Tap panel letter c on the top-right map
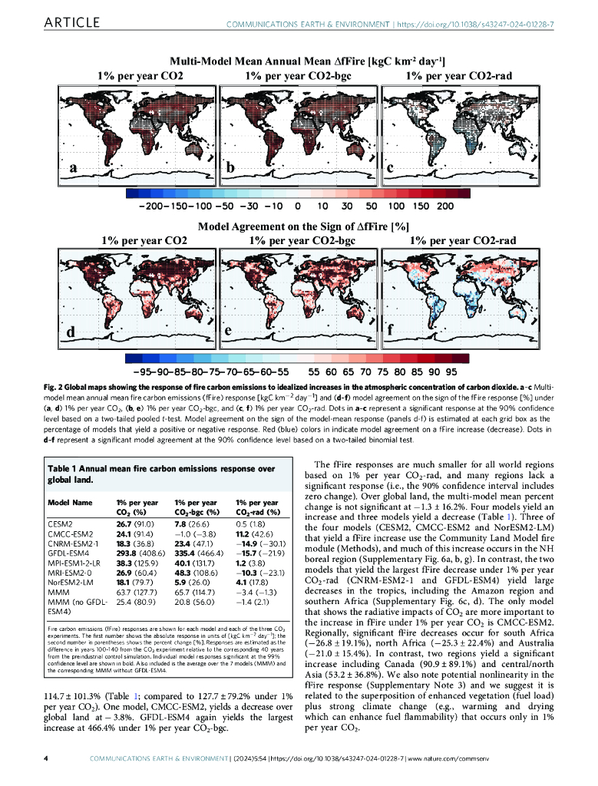pos(391,167)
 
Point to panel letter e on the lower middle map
pos(228,330)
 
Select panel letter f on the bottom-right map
pos(390,332)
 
